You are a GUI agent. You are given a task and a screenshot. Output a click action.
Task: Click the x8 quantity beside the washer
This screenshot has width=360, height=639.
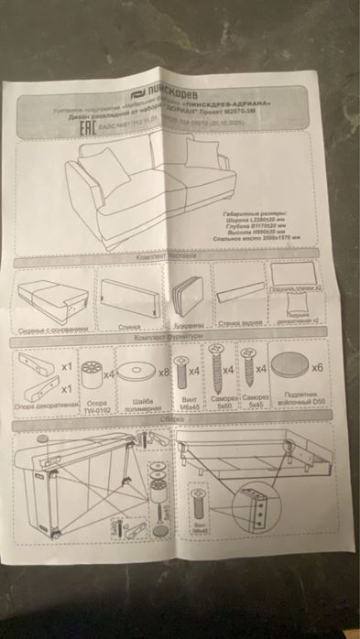click(165, 373)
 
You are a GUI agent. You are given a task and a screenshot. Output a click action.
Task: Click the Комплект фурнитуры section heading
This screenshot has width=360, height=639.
click(164, 338)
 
